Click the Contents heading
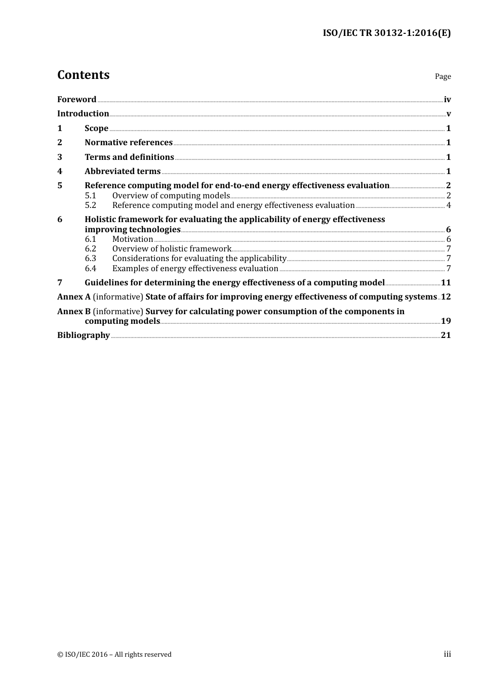coord(83,75)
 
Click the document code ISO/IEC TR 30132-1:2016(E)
coord(386,33)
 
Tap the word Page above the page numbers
coord(443,76)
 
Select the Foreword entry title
coord(76,99)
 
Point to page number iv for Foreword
coord(447,99)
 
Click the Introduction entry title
coord(83,113)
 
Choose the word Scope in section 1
coord(96,128)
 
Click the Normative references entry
coord(129,142)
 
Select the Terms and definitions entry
coord(129,157)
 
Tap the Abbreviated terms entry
coord(123,171)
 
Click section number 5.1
coord(91,195)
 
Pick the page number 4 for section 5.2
coord(449,205)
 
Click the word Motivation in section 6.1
coord(133,239)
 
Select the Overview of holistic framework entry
coord(172,248)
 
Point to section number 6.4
coord(91,268)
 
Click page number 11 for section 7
coord(446,282)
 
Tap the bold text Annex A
coord(74,296)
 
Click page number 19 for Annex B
coord(446,321)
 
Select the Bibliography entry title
coord(84,335)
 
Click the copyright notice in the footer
coord(114,654)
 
